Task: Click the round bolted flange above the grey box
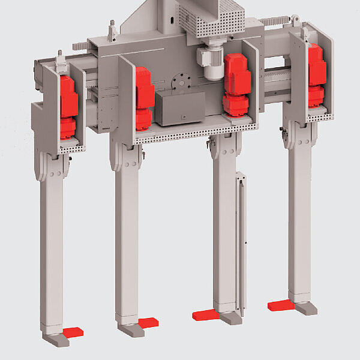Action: pyautogui.click(x=179, y=80)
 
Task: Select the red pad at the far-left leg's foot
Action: pyautogui.click(x=73, y=331)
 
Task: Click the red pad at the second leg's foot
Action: pyautogui.click(x=148, y=322)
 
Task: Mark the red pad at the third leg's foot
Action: pyautogui.click(x=205, y=314)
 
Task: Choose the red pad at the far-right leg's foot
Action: pyautogui.click(x=280, y=305)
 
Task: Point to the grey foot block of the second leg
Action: pyautogui.click(x=129, y=331)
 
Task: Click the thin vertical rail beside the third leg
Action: pyautogui.click(x=241, y=240)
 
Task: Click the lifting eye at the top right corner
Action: pyautogui.click(x=295, y=21)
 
